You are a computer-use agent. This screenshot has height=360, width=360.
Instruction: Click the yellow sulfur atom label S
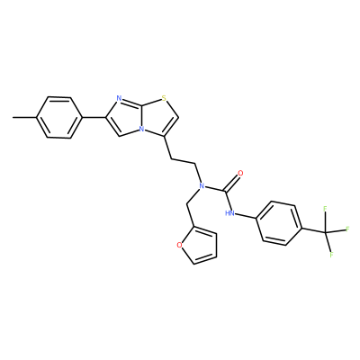tap(164, 98)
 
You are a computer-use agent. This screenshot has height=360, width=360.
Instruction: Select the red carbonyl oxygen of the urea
tap(240, 173)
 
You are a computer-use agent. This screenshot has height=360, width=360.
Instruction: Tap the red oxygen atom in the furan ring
tap(179, 245)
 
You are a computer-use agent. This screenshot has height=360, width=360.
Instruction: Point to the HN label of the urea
tap(229, 213)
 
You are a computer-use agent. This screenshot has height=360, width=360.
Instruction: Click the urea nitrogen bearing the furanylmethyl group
tap(202, 186)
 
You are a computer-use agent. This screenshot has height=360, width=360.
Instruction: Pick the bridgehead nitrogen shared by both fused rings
tap(141, 130)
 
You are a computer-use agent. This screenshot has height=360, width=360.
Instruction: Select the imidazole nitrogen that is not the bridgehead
tap(119, 98)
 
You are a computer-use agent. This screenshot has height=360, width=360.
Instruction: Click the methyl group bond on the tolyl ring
tap(25, 117)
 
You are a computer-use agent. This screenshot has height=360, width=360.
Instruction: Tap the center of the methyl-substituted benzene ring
tap(59, 117)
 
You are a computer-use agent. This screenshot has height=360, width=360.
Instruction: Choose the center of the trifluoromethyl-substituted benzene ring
tap(279, 222)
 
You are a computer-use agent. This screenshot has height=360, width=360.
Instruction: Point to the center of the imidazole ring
tap(124, 117)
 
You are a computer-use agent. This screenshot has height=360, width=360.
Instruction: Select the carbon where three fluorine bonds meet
tap(326, 232)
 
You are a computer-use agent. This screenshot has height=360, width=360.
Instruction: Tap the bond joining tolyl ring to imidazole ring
tap(94, 117)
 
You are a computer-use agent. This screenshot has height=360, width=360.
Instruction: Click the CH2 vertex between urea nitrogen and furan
tap(187, 204)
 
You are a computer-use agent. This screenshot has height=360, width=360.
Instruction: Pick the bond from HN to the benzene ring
tap(246, 216)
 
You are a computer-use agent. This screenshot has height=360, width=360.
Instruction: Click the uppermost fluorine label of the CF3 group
tap(325, 209)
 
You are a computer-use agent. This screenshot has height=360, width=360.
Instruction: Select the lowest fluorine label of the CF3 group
tap(332, 255)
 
